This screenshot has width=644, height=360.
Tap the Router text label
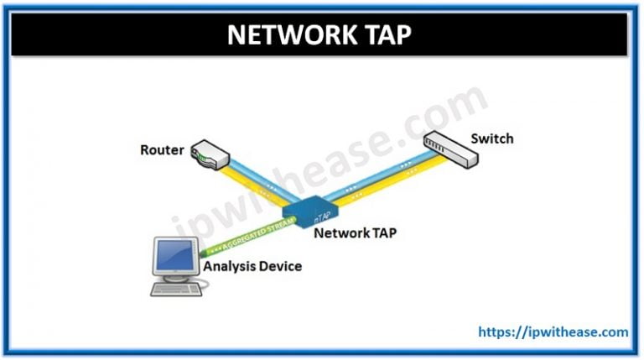(161, 151)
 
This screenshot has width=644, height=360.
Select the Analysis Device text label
(252, 267)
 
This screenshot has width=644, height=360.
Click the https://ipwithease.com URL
(553, 332)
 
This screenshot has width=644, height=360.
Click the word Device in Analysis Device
(278, 267)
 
